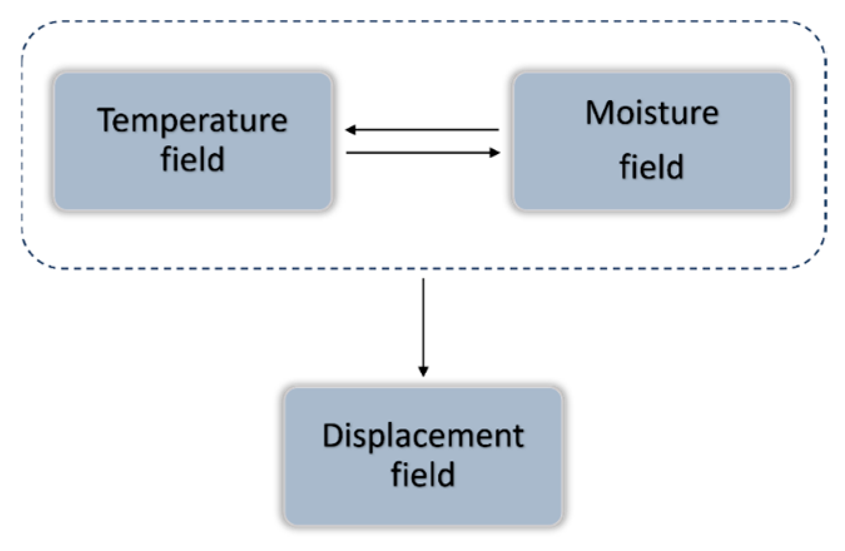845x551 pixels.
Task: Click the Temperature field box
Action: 192,141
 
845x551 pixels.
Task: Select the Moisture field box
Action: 652,141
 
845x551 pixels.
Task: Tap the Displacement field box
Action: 423,456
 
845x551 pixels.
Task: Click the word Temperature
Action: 192,120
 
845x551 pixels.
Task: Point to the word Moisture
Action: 652,113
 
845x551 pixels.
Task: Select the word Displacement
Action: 423,436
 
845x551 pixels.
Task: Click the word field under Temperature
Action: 192,159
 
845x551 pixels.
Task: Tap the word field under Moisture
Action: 652,167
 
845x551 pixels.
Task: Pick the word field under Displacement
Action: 423,474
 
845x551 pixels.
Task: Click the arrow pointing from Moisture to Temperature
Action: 422,130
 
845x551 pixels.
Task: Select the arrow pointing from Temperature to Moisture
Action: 422,152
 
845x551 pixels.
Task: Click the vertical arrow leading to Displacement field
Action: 423,326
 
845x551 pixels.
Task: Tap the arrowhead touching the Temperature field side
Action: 351,130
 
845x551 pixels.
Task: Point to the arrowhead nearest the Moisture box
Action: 495,152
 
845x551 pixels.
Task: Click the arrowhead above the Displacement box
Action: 423,371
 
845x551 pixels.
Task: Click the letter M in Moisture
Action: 598,113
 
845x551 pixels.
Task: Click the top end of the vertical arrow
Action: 423,280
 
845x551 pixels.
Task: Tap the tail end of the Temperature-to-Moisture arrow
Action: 348,152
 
